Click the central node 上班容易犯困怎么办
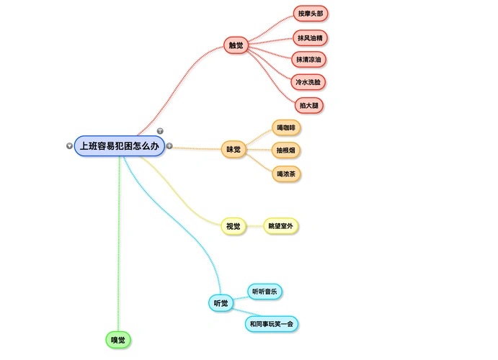120,145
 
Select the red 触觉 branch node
236,45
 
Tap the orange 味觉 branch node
234,150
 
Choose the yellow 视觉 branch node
233,226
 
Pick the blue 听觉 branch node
221,303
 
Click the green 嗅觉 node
118,339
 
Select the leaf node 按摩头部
311,13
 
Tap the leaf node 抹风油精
311,37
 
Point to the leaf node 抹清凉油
309,59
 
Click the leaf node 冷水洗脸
309,82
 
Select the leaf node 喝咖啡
286,127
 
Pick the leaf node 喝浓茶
286,174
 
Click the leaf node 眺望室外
280,226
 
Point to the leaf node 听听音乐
264,291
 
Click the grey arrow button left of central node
69,145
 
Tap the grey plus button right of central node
169,145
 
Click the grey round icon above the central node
160,131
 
